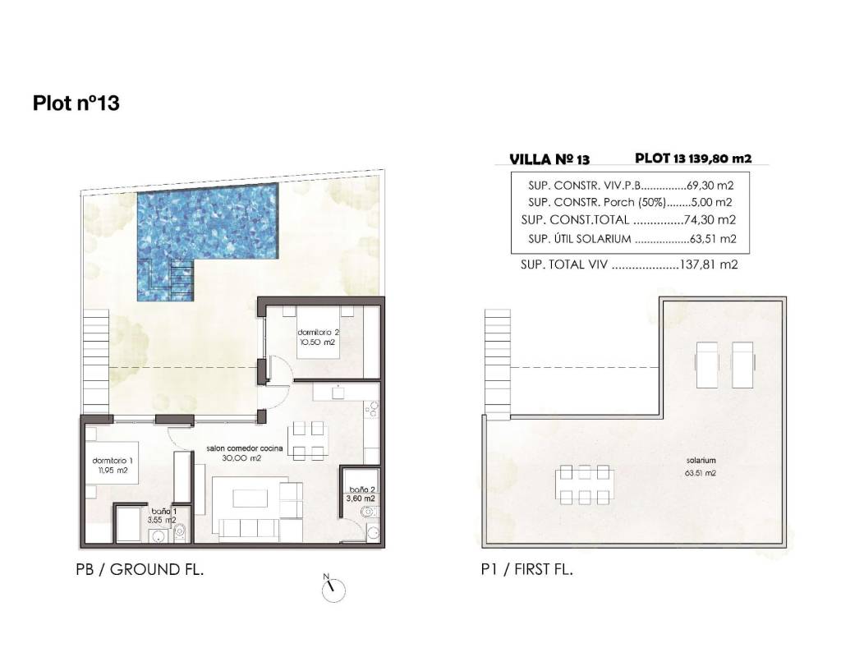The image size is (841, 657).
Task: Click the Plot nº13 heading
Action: tap(76, 103)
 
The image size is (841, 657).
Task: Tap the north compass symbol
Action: tap(333, 590)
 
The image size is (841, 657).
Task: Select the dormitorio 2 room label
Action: tap(319, 337)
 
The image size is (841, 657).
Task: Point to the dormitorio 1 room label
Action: tap(113, 465)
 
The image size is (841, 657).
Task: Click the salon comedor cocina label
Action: tap(245, 453)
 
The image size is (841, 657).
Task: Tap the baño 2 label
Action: tap(362, 494)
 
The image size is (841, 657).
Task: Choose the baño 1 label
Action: tap(162, 516)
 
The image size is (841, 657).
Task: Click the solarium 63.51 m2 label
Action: tap(701, 466)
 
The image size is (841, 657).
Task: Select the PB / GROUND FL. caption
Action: tap(140, 569)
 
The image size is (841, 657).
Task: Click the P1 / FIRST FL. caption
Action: tap(527, 569)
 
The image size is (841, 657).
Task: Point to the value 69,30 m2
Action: tap(710, 186)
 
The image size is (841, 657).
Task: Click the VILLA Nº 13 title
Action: tap(549, 159)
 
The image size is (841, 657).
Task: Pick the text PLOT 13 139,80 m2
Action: tap(693, 159)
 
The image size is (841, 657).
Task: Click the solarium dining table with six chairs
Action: tap(585, 485)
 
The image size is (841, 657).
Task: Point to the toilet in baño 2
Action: tap(368, 512)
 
